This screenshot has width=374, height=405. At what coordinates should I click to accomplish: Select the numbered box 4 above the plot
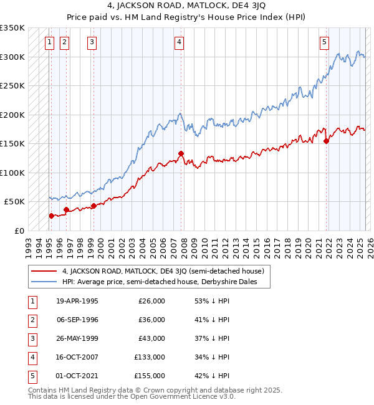click(x=179, y=42)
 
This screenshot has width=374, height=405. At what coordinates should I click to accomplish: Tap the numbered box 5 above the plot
click(x=325, y=42)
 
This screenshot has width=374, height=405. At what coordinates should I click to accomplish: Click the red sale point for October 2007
click(x=181, y=153)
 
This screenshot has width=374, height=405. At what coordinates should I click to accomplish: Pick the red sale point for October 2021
click(x=326, y=141)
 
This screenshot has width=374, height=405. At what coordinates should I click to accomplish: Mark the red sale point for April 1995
click(x=52, y=216)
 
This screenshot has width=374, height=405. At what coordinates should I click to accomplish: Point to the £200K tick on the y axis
click(x=12, y=115)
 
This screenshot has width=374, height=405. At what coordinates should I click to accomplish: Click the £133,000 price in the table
click(x=150, y=357)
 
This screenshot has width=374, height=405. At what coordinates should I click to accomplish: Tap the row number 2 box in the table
click(x=32, y=320)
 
